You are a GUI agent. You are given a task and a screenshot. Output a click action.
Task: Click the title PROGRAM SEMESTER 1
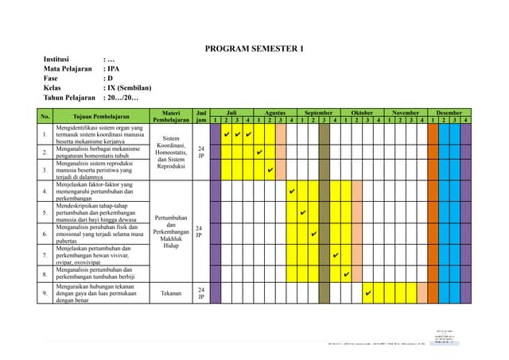tap(254, 48)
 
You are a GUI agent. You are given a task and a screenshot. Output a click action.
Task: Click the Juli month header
tap(231, 113)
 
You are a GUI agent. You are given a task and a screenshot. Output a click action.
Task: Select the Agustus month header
tap(275, 113)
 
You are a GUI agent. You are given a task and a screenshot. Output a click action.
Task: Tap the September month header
tap(319, 113)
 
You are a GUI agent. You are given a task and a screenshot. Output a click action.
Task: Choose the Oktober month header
tap(362, 113)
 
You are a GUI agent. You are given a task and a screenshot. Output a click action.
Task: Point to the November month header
tap(406, 113)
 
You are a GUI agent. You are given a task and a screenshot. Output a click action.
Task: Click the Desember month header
tap(449, 113)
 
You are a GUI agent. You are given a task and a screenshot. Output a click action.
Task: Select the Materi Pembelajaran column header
tap(171, 116)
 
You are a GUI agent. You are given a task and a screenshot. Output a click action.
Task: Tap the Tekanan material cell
tap(171, 293)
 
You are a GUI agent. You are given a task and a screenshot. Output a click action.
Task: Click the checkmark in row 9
tap(367, 293)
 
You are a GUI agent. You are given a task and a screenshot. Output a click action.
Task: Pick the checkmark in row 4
tap(292, 192)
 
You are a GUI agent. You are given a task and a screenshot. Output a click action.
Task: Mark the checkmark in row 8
tap(346, 275)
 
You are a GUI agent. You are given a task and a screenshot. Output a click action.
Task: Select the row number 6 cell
tap(45, 234)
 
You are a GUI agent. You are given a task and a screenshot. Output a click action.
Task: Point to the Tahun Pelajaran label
tap(70, 98)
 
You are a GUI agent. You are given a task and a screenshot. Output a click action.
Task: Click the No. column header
tap(45, 116)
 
